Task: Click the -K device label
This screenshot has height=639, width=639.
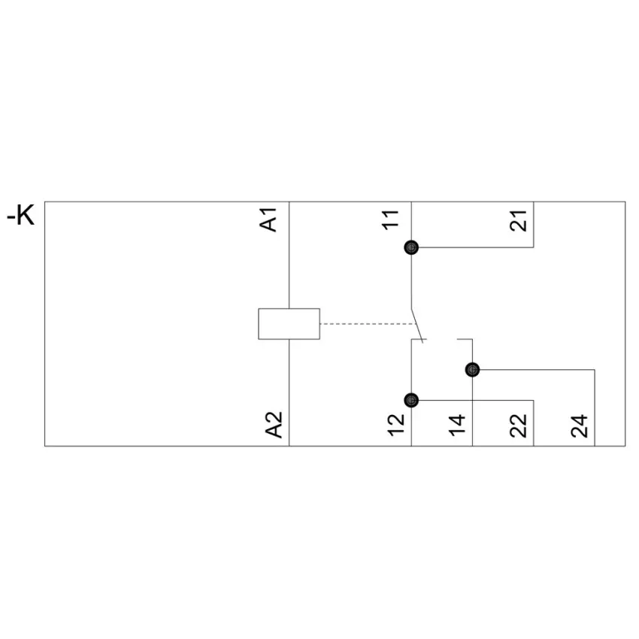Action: [21, 215]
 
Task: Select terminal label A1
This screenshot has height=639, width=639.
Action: [268, 220]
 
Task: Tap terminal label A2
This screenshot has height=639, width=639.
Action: [274, 425]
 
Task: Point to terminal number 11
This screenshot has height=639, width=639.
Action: [390, 220]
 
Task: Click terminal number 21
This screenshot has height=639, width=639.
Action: [518, 221]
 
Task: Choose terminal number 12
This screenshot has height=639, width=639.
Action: [395, 425]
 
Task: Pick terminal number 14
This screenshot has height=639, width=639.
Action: [457, 425]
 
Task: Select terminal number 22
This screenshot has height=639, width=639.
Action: [518, 425]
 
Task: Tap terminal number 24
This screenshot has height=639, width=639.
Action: [579, 425]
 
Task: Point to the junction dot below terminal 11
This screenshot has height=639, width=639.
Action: [411, 247]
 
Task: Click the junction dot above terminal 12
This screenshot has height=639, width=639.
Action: [411, 400]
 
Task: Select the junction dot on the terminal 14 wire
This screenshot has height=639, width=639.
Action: [472, 370]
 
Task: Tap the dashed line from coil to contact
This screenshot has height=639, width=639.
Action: [368, 324]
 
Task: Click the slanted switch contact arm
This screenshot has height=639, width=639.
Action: [417, 326]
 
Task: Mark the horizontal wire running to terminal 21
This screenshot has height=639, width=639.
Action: [476, 247]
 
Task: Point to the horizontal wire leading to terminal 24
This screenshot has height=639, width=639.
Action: [537, 370]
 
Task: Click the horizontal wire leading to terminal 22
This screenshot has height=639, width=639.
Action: [476, 400]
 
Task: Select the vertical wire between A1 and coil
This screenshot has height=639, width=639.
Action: [289, 255]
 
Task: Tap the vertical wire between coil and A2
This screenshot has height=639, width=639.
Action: [289, 392]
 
